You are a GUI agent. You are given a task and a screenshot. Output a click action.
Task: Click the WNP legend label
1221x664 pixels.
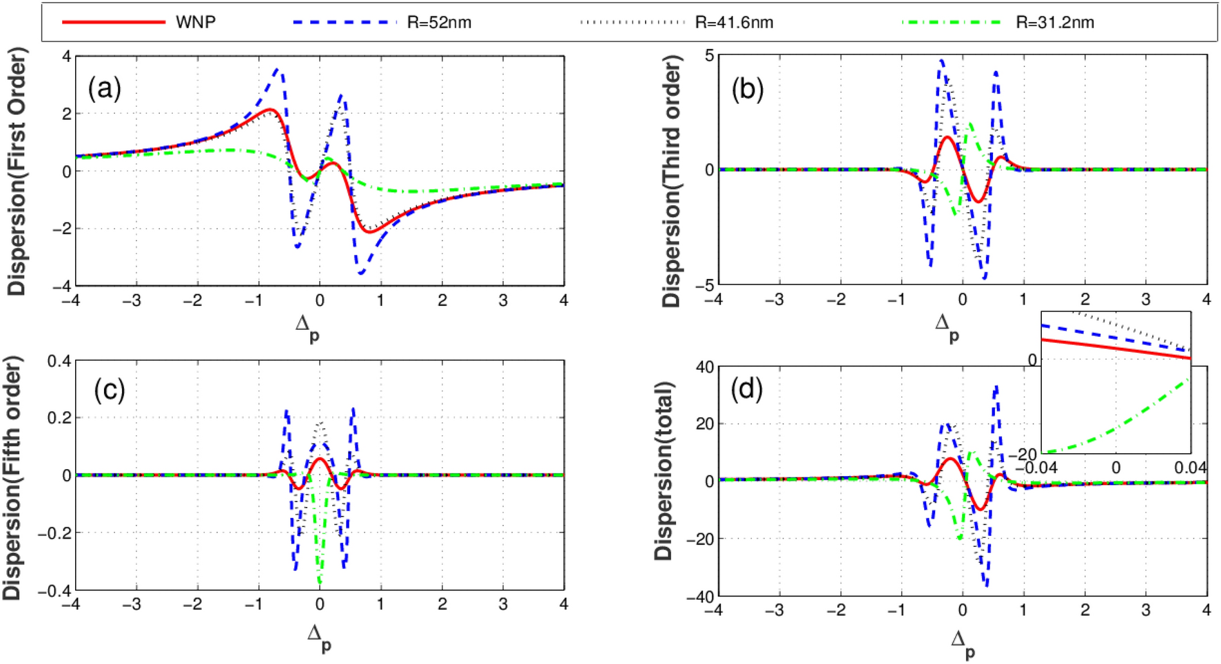click(196, 22)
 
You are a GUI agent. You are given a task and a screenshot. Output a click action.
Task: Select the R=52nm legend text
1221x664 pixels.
click(439, 22)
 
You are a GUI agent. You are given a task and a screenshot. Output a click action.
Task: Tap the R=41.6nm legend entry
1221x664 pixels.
click(734, 22)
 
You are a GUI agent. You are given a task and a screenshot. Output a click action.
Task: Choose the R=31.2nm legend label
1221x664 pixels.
click(1055, 22)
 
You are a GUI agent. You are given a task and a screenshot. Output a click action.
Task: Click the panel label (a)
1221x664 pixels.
click(105, 88)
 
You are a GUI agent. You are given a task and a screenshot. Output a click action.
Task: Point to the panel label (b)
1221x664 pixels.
click(748, 88)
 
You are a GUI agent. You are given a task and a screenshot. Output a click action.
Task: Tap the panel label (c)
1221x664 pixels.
click(110, 390)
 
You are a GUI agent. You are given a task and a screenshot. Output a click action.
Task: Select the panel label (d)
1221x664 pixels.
click(747, 390)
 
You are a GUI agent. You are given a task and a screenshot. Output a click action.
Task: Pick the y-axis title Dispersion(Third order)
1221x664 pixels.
click(670, 180)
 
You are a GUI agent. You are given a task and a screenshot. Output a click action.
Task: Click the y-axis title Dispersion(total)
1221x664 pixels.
click(663, 470)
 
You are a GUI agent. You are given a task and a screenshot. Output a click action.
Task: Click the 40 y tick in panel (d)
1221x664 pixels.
click(704, 367)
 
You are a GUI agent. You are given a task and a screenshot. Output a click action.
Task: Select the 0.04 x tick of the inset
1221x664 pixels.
click(1191, 468)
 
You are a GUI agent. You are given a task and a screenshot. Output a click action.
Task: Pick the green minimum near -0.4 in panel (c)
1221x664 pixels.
click(319, 582)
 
